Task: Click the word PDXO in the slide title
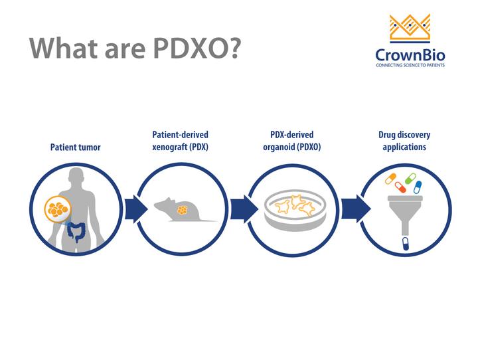pyautogui.click(x=178, y=47)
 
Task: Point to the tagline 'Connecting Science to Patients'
pyautogui.click(x=410, y=65)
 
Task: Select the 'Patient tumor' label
pyautogui.click(x=76, y=147)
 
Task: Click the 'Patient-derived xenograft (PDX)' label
pyautogui.click(x=181, y=141)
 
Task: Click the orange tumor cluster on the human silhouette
pyautogui.click(x=58, y=209)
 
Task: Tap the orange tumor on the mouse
pyautogui.click(x=181, y=211)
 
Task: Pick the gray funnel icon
pyautogui.click(x=404, y=211)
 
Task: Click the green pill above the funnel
pyautogui.click(x=410, y=178)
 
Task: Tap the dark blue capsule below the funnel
pyautogui.click(x=404, y=244)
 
